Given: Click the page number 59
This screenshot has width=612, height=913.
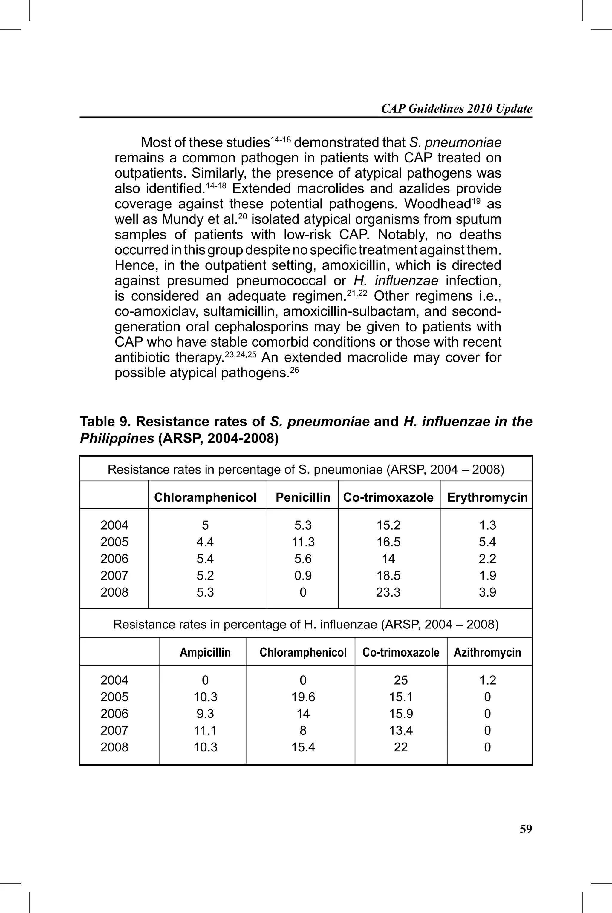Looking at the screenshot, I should coord(525,829).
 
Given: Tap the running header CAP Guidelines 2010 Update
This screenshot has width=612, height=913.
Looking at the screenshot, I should coord(456,108).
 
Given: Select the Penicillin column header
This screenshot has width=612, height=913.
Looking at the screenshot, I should coord(303,497).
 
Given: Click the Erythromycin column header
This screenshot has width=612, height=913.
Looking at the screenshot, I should coord(487,497).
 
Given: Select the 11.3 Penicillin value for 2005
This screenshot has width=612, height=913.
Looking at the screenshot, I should coord(303,542).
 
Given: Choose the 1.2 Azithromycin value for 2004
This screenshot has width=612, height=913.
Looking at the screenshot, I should coord(487,680).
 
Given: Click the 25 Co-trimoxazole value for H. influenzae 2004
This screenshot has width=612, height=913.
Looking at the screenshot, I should coord(400,680).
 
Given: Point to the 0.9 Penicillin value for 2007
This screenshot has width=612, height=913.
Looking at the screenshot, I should coord(303,575).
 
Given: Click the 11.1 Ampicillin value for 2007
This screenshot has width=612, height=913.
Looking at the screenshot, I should coord(205,731).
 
